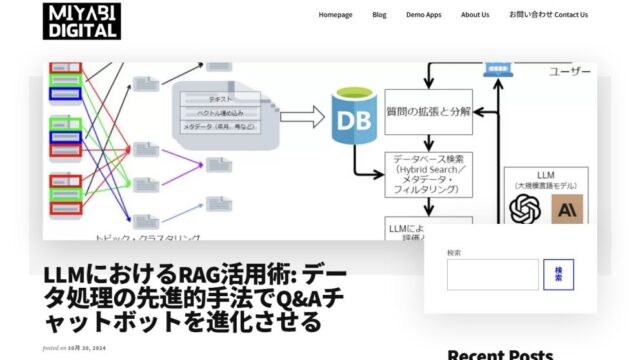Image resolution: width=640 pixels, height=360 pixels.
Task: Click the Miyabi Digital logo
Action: pyautogui.click(x=81, y=20)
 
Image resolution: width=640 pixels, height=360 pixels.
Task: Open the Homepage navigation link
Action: pyautogui.click(x=335, y=15)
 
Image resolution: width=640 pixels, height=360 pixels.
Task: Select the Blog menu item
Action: pyautogui.click(x=379, y=15)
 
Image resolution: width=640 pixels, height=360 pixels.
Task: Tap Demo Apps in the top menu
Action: pyautogui.click(x=423, y=15)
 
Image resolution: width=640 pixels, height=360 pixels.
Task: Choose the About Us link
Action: pyautogui.click(x=475, y=15)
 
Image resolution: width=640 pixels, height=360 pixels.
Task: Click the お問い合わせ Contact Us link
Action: pyautogui.click(x=548, y=15)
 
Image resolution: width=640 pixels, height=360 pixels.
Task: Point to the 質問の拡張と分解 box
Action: pyautogui.click(x=428, y=112)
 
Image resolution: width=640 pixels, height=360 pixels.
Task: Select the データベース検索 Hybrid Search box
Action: pyautogui.click(x=428, y=172)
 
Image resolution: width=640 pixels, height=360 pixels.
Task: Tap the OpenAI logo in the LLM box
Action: pyautogui.click(x=525, y=209)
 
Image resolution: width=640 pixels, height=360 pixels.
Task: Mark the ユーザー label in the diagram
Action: pyautogui.click(x=569, y=72)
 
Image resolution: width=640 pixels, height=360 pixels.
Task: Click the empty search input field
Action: pyautogui.click(x=492, y=274)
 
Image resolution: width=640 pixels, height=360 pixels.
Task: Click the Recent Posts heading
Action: pyautogui.click(x=499, y=354)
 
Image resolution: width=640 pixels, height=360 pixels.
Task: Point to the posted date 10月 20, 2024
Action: pyautogui.click(x=87, y=347)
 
